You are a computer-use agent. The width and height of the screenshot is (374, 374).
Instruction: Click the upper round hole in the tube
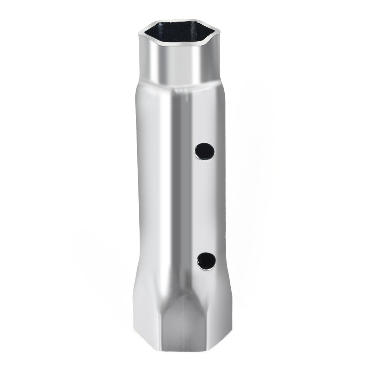[x=205, y=151]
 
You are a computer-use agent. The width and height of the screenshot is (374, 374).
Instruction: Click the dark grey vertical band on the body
[x=180, y=187]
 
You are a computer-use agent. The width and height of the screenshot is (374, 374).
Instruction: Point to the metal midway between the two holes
[x=205, y=206]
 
